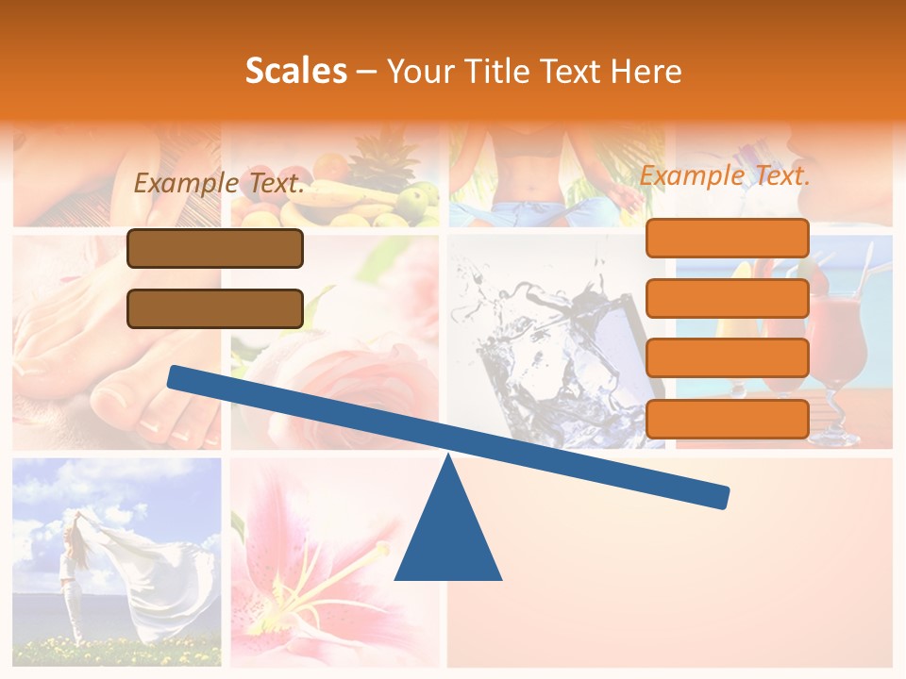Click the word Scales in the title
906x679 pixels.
(295, 71)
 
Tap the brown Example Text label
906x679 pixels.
(219, 183)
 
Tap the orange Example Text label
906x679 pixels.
(725, 175)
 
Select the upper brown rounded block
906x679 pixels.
(215, 248)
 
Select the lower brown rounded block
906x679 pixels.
(215, 308)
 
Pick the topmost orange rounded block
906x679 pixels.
(727, 238)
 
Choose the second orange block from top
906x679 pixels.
(727, 298)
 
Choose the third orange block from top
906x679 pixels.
(727, 357)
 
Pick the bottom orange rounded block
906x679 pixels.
(727, 418)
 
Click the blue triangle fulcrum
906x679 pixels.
(448, 533)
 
